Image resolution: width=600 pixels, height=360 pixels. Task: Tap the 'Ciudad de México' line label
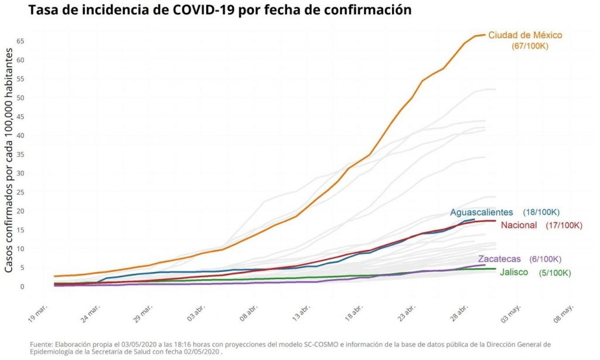pos(525,35)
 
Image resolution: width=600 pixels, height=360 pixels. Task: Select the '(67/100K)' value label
pos(530,46)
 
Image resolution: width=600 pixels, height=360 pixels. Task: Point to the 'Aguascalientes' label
pos(482,212)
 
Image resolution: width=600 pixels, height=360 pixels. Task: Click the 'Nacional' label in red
pos(519,225)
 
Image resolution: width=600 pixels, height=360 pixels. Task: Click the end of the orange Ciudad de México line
pos(485,35)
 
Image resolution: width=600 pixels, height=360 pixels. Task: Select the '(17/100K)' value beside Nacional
pos(564,225)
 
